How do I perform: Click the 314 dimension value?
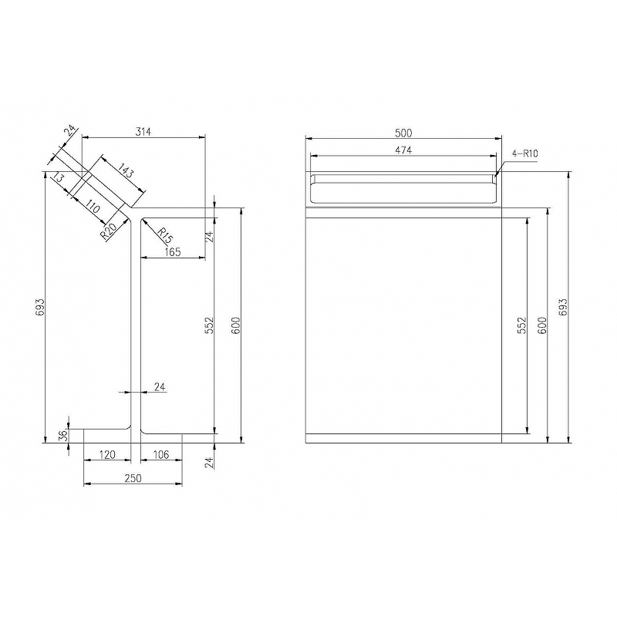(143, 131)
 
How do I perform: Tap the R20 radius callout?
(108, 232)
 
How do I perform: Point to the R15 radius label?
(165, 235)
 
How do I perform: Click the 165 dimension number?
(172, 252)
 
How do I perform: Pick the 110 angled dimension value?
(93, 207)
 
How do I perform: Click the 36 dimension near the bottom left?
(63, 435)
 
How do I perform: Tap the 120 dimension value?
(107, 455)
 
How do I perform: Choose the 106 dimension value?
(160, 455)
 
